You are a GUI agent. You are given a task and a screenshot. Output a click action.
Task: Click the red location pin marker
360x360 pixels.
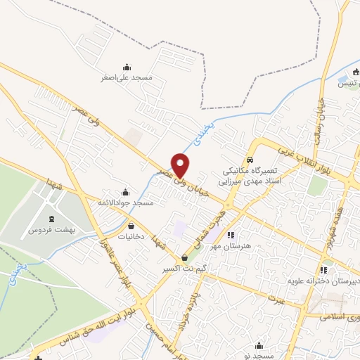[x=181, y=165]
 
